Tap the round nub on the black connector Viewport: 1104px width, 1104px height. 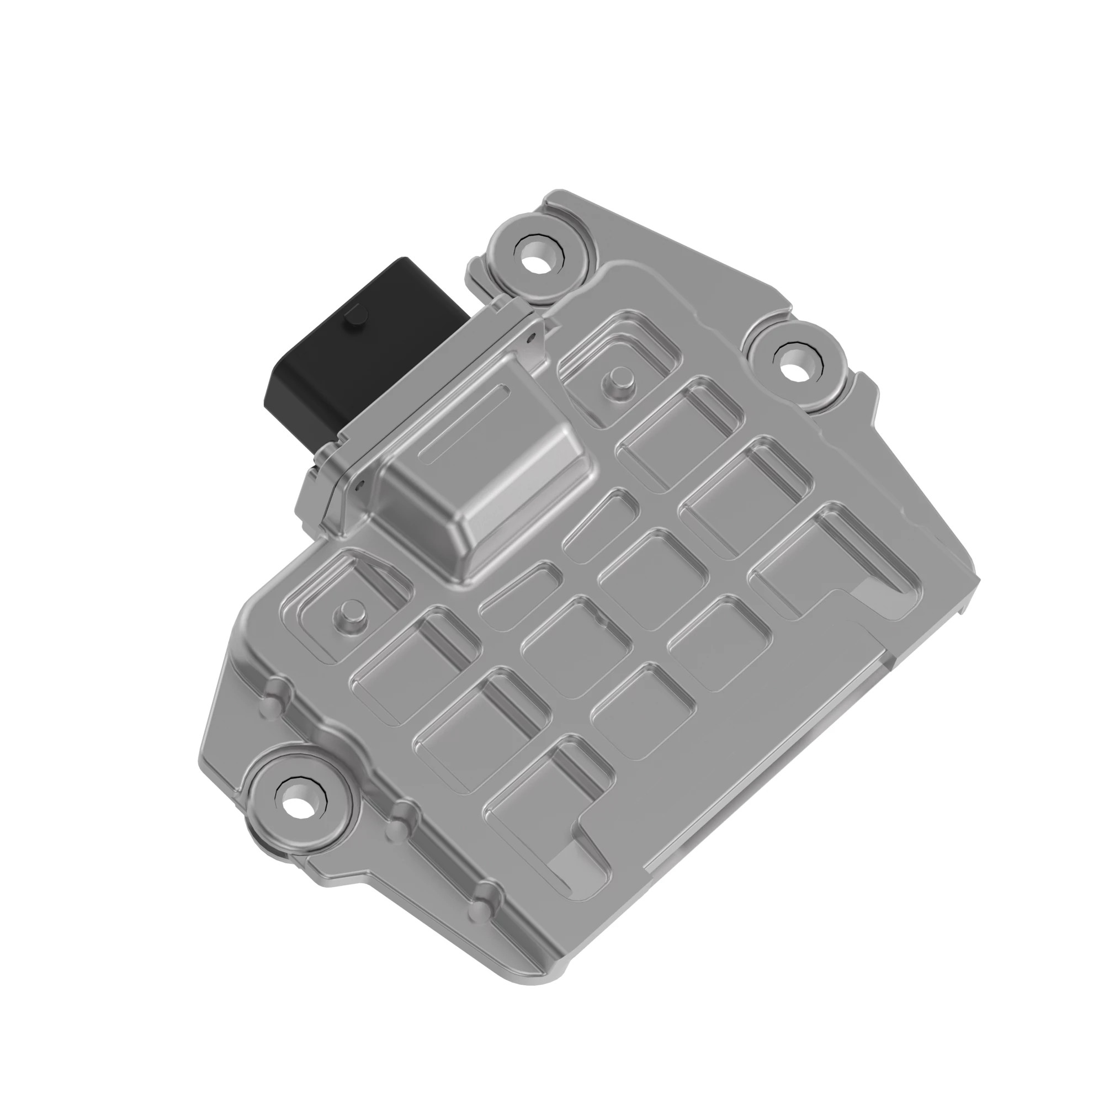(356, 316)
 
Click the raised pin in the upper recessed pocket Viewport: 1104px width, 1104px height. (617, 379)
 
